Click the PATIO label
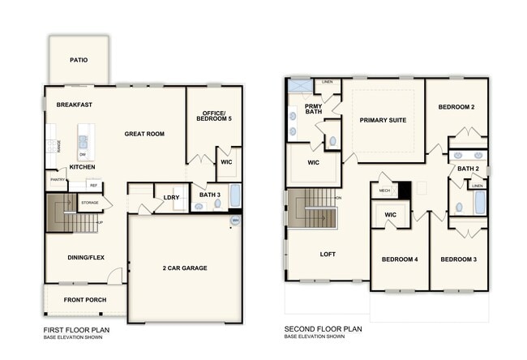[x=79, y=60]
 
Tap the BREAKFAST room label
[x=74, y=105]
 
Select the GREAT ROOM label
[x=144, y=133]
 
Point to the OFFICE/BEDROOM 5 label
[x=215, y=115]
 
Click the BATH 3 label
[x=209, y=194]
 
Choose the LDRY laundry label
[x=171, y=197]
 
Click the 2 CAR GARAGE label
[x=185, y=268]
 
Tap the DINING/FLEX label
[x=85, y=258]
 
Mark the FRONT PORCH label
[x=85, y=301]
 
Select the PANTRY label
[x=57, y=180]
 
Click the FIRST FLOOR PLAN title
[x=75, y=330]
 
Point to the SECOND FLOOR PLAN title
[x=323, y=330]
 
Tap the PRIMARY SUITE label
[x=383, y=120]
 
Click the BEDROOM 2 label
[x=456, y=107]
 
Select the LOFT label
[x=328, y=254]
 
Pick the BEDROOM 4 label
[x=400, y=259]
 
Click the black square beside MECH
[x=405, y=191]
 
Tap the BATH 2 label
[x=467, y=169]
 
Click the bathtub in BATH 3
[x=235, y=196]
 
